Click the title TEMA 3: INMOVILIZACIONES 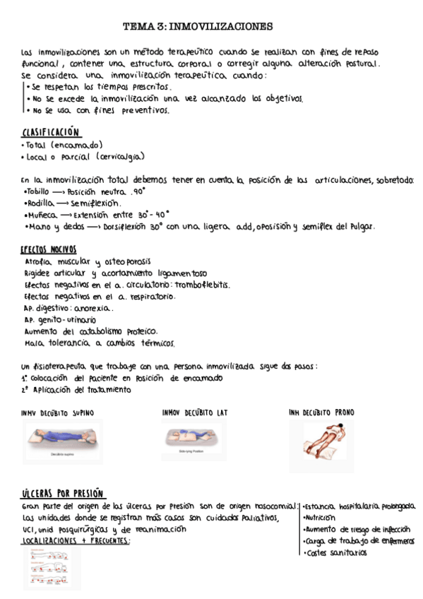198,27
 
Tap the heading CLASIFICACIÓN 51,133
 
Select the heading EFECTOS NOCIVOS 49,250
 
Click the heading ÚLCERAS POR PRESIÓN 63,493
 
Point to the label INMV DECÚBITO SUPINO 58,413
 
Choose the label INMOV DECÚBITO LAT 194,413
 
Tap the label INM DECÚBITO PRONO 321,413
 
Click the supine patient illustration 63,440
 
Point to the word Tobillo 35,191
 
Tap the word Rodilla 37,203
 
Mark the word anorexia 92,308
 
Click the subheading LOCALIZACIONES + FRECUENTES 76,540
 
